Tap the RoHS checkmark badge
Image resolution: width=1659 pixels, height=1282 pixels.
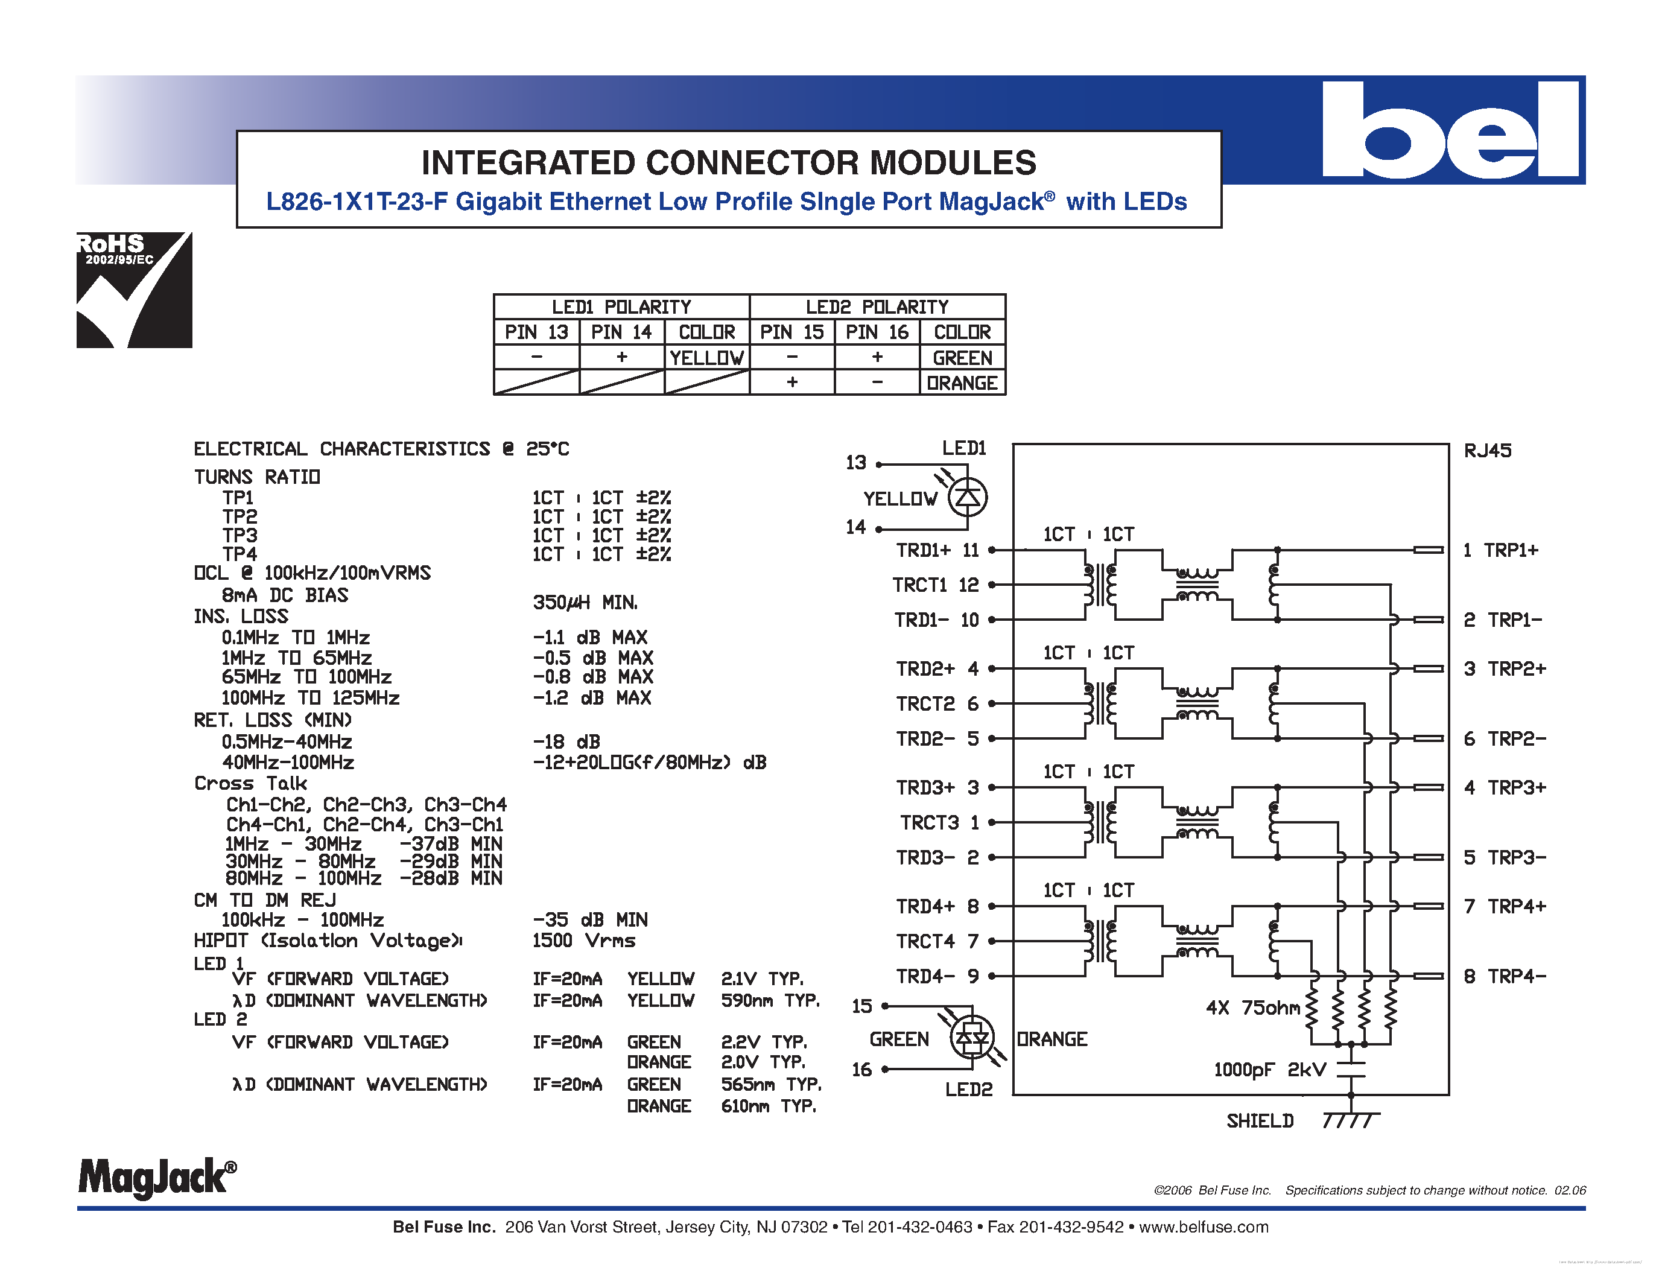tap(135, 290)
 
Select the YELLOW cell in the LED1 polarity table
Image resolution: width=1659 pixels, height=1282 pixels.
tap(706, 357)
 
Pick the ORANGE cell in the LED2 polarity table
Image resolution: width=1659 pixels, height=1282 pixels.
tap(962, 382)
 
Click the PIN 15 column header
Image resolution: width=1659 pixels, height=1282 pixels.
tap(791, 332)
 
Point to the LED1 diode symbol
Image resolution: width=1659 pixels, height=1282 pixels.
tap(968, 498)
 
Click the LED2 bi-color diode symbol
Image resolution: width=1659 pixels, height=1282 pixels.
tap(972, 1038)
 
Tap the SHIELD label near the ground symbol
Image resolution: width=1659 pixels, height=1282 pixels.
tap(1260, 1121)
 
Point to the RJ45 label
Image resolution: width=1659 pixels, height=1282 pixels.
tap(1487, 451)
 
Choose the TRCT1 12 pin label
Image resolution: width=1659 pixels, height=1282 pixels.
tap(935, 585)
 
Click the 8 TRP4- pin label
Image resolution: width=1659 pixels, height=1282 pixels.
tap(1505, 976)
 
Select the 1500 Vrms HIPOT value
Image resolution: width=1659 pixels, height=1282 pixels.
tap(583, 941)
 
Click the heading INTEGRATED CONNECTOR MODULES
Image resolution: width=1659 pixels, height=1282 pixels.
tap(729, 162)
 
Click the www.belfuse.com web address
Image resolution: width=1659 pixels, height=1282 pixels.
tap(1204, 1227)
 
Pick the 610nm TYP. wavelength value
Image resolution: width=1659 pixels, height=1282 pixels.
tap(769, 1106)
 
